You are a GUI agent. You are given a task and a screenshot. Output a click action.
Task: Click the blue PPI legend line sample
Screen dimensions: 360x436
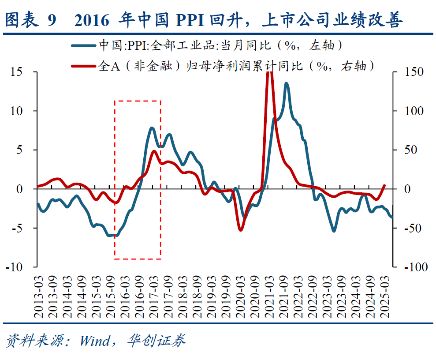[83, 45]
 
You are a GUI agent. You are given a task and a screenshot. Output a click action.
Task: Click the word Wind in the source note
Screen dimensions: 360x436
[94, 340]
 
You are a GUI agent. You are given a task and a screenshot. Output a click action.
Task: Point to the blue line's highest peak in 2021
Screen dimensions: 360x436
[287, 83]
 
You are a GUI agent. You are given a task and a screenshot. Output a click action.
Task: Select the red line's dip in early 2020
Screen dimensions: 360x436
[240, 230]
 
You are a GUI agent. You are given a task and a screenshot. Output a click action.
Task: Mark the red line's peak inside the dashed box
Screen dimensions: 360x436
[154, 151]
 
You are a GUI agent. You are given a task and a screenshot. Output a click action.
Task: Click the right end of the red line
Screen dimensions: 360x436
[384, 186]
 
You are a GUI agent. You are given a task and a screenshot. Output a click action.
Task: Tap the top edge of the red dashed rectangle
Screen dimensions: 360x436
[138, 101]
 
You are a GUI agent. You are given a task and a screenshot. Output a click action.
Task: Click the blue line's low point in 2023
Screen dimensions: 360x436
[333, 231]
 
